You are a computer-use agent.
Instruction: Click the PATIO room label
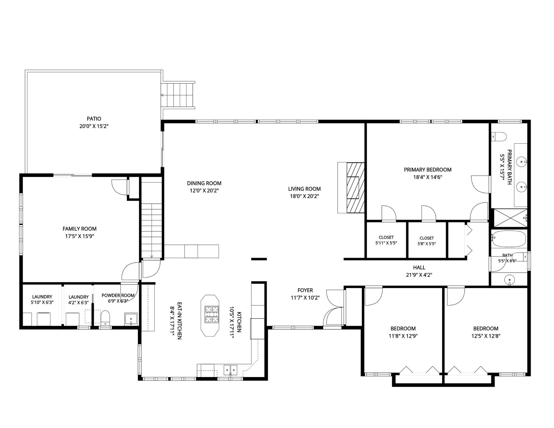click(x=94, y=119)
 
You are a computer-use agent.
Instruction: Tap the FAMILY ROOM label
click(x=79, y=229)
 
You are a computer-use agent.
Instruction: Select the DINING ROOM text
click(x=204, y=183)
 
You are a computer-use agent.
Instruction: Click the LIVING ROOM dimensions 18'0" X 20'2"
click(x=304, y=196)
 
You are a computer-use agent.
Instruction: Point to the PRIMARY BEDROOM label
click(x=427, y=170)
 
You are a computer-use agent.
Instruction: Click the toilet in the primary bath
click(x=499, y=137)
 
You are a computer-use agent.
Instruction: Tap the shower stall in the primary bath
click(x=511, y=218)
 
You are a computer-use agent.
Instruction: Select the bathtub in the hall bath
click(x=509, y=239)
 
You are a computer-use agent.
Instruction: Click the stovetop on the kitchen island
click(x=212, y=314)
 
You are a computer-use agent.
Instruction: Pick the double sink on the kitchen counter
click(x=230, y=370)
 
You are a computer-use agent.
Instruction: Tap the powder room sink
click(x=131, y=319)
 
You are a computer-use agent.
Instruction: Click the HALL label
click(x=419, y=267)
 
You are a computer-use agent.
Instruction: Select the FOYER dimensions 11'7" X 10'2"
click(x=305, y=298)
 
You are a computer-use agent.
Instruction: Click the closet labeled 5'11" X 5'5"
click(x=386, y=240)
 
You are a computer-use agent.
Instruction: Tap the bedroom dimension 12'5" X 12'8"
click(x=486, y=336)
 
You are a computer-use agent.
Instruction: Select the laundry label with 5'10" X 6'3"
click(x=42, y=300)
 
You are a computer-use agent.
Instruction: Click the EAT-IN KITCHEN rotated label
click(x=180, y=321)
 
